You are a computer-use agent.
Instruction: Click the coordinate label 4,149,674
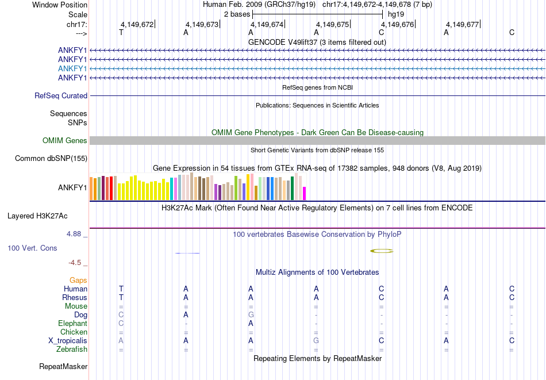tap(267, 25)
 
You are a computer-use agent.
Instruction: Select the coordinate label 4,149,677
tap(462, 25)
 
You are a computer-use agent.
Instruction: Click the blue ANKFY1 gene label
tap(72, 68)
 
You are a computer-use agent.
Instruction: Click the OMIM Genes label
tap(65, 141)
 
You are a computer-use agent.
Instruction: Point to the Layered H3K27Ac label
tap(37, 217)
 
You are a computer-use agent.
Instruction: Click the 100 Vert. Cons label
tap(32, 248)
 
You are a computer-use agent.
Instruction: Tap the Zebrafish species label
tap(72, 350)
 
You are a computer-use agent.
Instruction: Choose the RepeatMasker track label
tap(63, 366)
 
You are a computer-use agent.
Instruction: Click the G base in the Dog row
tap(251, 315)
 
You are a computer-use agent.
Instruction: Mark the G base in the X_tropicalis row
tap(316, 341)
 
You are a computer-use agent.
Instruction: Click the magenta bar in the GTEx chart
tap(305, 193)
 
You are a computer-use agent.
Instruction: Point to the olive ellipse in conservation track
tap(382, 251)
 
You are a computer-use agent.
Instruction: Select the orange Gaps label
tap(78, 281)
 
